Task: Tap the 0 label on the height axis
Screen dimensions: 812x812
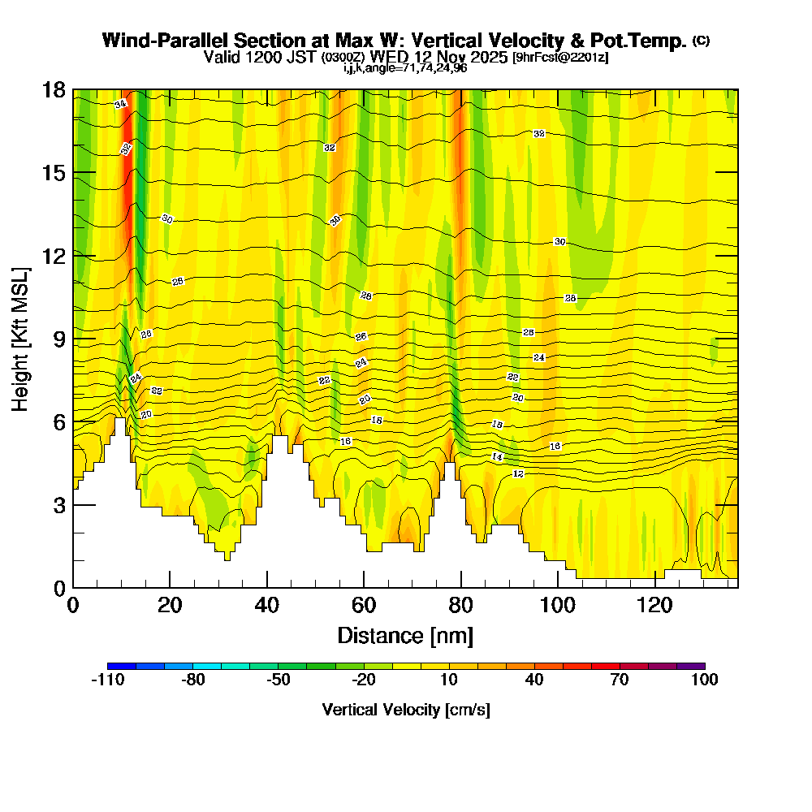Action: (x=59, y=587)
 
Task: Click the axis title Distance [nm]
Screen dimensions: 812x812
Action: (x=405, y=635)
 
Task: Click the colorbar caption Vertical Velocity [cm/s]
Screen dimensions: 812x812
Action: (x=406, y=710)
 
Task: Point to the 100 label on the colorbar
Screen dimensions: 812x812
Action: (x=704, y=680)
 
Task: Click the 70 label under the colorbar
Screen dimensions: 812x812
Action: (x=620, y=680)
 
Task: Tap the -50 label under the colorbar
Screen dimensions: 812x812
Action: (x=278, y=680)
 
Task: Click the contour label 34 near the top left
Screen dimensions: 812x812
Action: (x=120, y=104)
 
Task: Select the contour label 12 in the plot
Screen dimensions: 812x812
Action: (x=518, y=473)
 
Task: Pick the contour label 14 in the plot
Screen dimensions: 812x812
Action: (x=497, y=457)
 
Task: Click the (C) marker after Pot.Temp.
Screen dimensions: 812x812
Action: (x=701, y=41)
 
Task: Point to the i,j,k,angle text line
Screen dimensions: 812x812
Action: (x=405, y=68)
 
